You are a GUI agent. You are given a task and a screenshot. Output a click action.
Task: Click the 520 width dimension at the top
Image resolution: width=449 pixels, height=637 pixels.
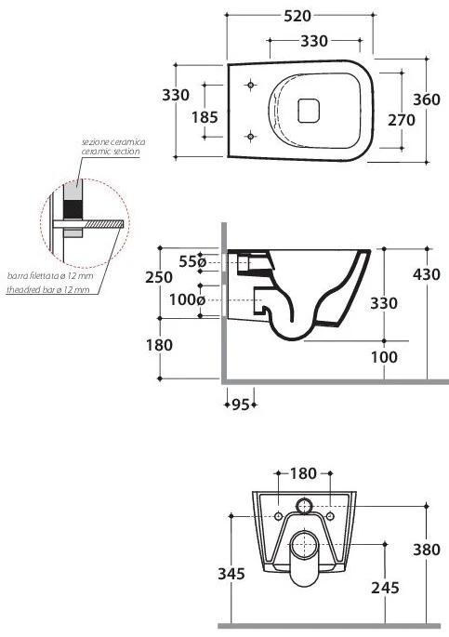(297, 16)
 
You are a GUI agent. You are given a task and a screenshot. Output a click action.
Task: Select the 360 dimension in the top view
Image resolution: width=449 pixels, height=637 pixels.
(427, 100)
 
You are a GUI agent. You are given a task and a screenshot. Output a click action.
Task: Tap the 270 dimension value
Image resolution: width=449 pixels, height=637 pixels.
(401, 120)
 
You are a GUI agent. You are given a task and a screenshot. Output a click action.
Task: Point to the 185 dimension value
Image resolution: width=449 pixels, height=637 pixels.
(205, 117)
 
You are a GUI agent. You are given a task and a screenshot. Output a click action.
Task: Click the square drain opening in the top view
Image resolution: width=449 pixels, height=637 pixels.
(309, 111)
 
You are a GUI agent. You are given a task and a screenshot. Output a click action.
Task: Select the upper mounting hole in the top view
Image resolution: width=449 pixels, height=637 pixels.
(251, 85)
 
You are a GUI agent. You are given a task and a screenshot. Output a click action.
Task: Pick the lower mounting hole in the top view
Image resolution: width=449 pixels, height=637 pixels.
(251, 136)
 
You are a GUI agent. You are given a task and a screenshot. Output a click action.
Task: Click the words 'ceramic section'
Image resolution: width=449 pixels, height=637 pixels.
(111, 152)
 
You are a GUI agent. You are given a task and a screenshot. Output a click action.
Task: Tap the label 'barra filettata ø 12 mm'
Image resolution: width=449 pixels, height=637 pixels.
(50, 276)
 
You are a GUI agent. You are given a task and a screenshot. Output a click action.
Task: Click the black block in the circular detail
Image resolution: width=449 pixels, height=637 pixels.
(73, 209)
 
